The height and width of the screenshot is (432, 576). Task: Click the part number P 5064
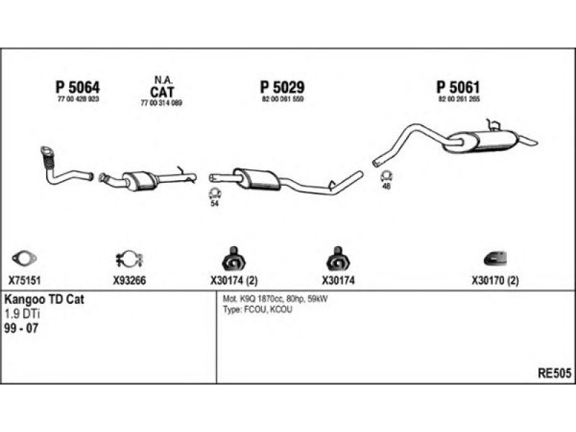[x=77, y=87]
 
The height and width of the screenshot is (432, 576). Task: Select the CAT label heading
[x=161, y=91]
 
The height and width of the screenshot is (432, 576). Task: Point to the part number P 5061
[x=459, y=87]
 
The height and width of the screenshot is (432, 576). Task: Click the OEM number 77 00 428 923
[x=77, y=99]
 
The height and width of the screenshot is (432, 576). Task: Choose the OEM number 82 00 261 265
[x=459, y=99]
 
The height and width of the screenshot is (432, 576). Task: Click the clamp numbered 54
[x=214, y=192]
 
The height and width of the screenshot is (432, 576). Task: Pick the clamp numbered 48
[x=386, y=175]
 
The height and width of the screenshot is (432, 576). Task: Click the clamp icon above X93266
[x=130, y=258]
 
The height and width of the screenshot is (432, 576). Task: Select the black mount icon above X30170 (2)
[x=495, y=258]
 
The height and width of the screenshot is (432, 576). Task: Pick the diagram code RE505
[x=554, y=373]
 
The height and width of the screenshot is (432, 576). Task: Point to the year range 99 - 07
[x=22, y=328]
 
